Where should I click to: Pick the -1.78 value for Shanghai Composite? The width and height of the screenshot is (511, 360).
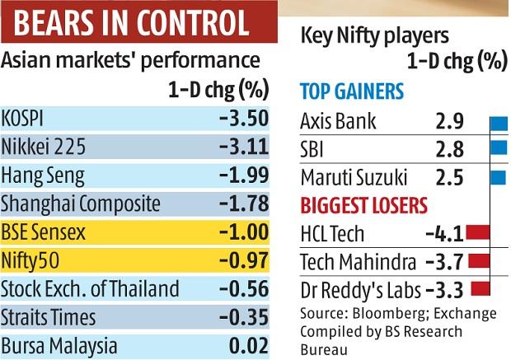tap(244, 203)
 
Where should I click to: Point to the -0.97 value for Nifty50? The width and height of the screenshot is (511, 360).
tap(244, 261)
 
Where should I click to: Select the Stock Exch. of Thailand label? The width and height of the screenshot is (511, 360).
tap(90, 289)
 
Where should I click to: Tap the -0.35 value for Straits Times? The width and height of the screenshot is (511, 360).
tap(244, 318)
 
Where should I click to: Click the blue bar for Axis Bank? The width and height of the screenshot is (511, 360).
tap(498, 124)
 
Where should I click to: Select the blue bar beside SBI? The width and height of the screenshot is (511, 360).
tap(498, 149)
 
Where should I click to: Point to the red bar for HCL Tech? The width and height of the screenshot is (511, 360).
tap(472, 234)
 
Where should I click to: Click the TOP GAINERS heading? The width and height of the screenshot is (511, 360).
tap(351, 91)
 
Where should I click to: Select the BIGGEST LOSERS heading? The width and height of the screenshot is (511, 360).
tap(363, 204)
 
